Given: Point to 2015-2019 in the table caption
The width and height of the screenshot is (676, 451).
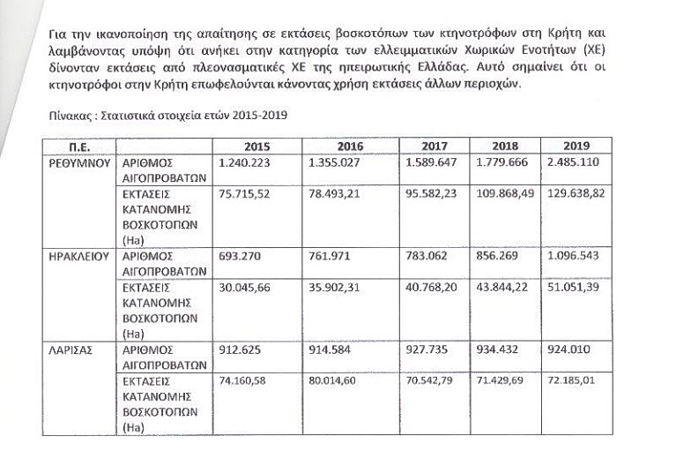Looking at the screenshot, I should [x=262, y=116].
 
